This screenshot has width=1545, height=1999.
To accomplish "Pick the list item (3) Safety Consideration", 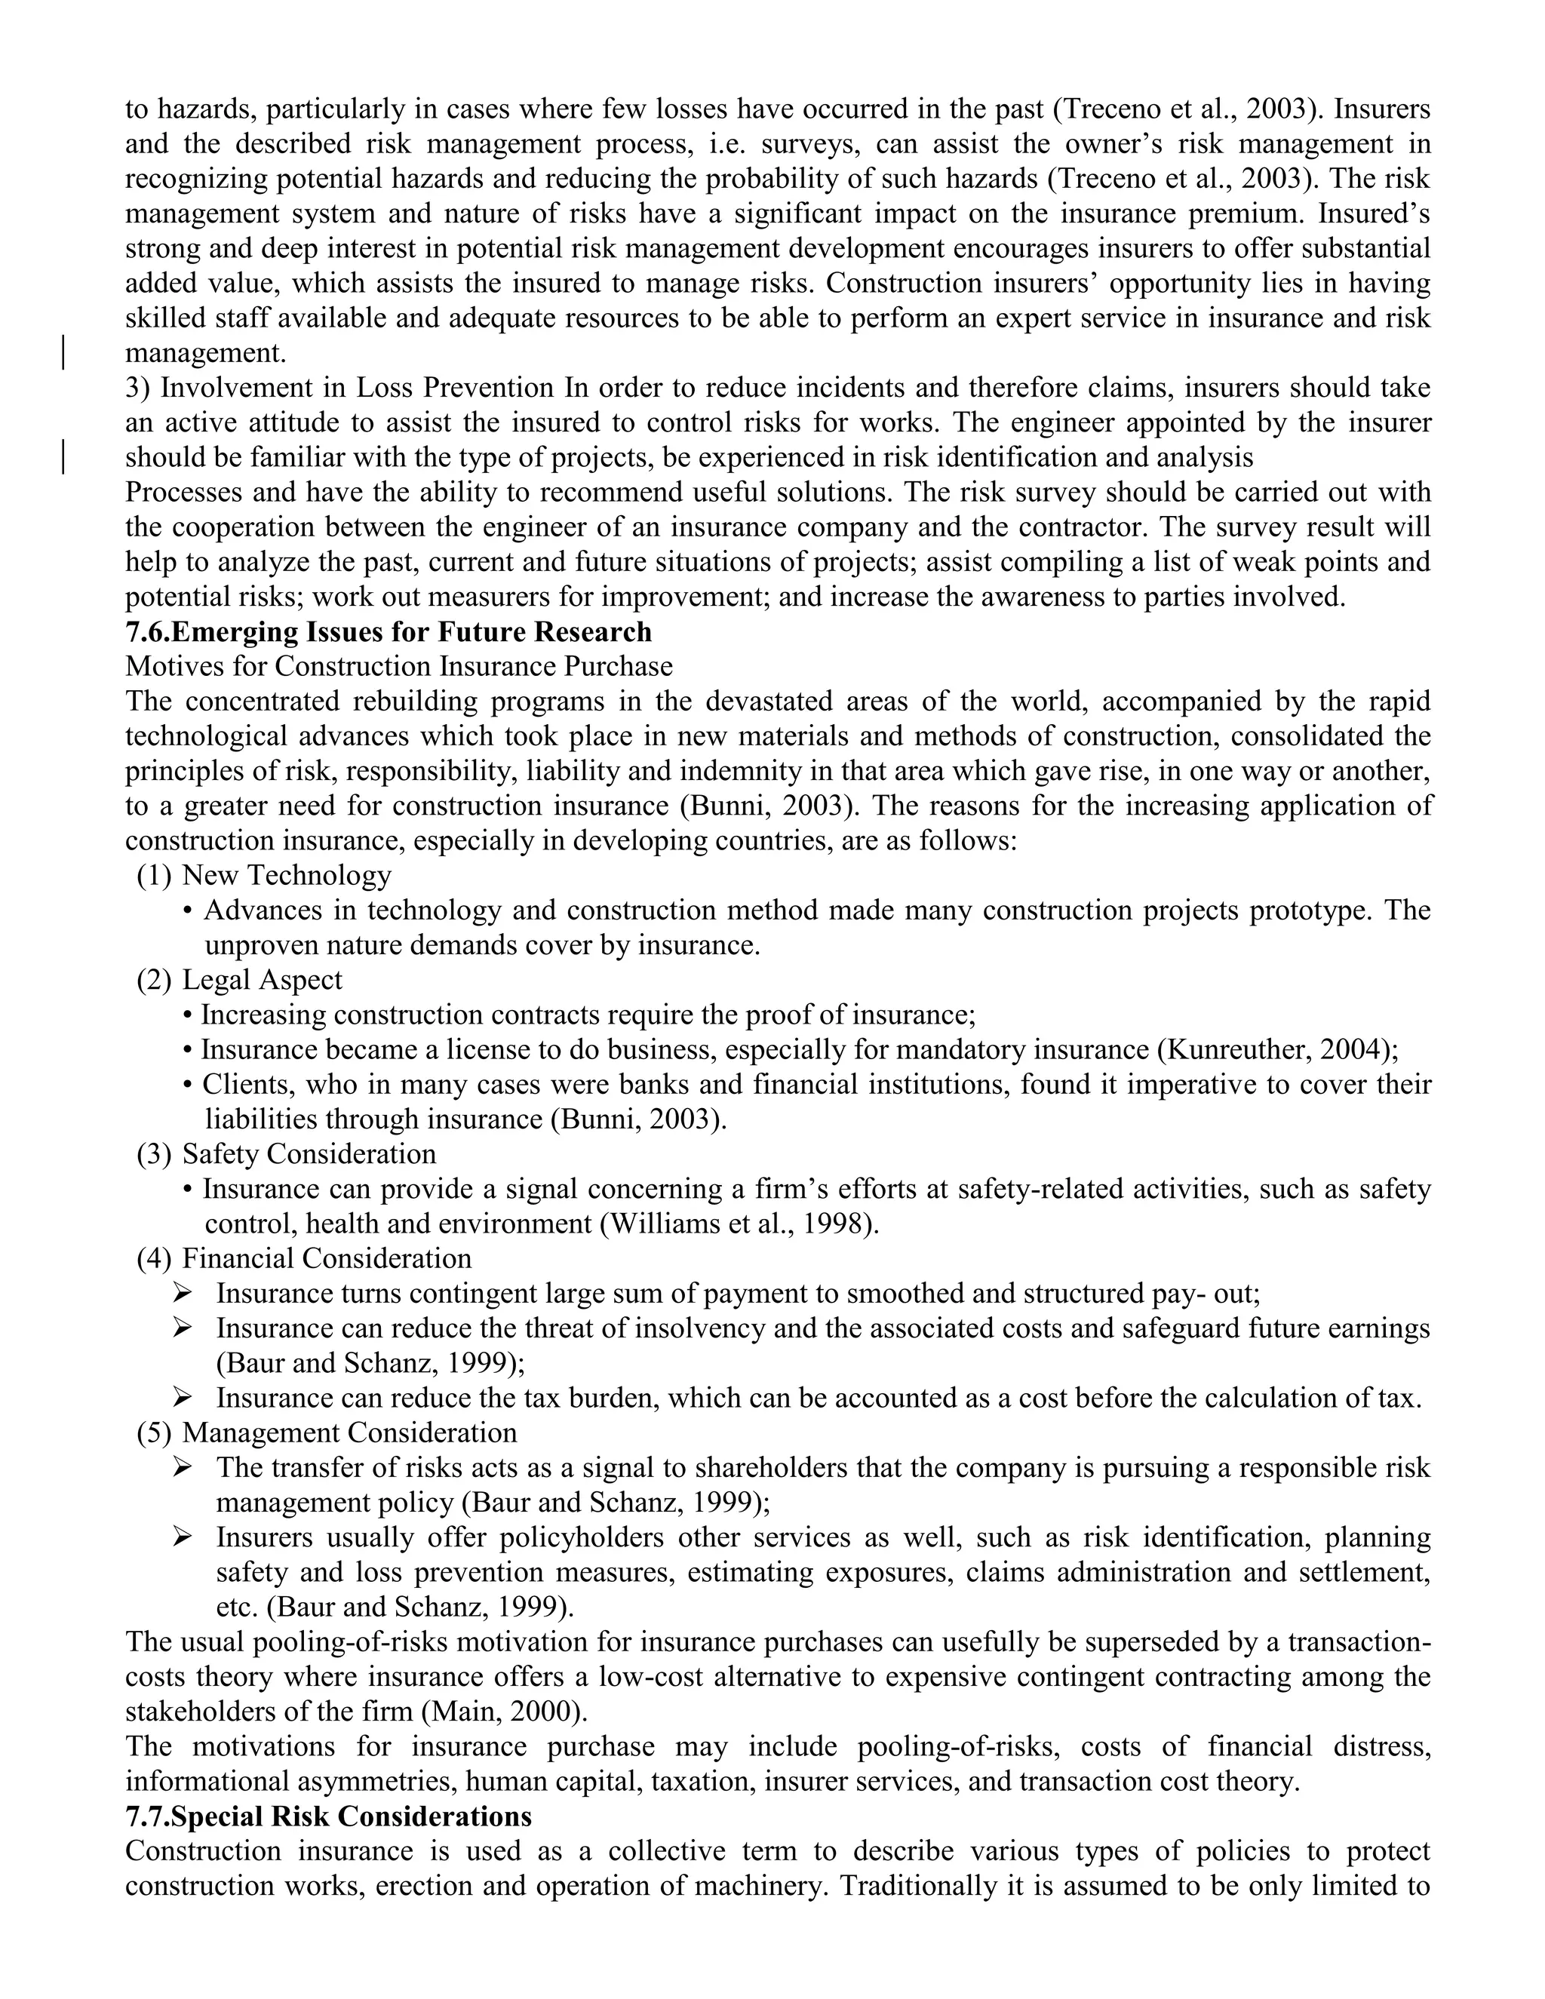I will (x=286, y=1153).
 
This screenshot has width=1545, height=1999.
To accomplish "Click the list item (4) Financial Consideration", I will (x=304, y=1257).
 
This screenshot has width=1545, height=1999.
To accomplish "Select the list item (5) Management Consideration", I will (x=326, y=1432).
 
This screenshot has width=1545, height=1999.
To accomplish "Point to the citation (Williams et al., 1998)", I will (x=739, y=1224).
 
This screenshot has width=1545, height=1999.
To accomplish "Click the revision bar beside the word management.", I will (x=63, y=352).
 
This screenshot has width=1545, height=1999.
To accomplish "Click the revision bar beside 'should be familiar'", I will (x=63, y=456).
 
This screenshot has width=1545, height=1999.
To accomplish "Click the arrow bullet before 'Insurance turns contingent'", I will (x=182, y=1293).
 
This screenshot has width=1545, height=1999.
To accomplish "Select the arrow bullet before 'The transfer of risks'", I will (x=182, y=1467).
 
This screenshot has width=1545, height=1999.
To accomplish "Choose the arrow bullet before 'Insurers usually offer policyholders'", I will (x=182, y=1537).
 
